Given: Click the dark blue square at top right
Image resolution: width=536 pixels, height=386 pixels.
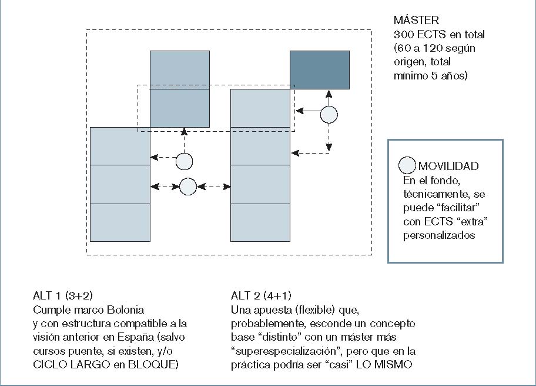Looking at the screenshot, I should pyautogui.click(x=320, y=70).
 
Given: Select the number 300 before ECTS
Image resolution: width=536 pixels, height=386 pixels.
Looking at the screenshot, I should pyautogui.click(x=404, y=34).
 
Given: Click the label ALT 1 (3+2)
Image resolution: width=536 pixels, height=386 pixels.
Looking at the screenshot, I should pyautogui.click(x=63, y=295).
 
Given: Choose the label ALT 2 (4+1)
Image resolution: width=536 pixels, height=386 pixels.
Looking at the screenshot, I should pyautogui.click(x=261, y=295).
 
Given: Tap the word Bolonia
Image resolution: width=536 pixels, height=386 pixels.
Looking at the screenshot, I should pyautogui.click(x=125, y=310).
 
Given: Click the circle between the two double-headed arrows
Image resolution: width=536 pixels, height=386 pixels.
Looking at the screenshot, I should pyautogui.click(x=187, y=187).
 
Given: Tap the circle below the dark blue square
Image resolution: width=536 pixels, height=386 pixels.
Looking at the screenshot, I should pyautogui.click(x=329, y=115).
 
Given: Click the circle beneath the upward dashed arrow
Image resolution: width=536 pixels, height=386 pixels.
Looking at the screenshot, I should pyautogui.click(x=184, y=161).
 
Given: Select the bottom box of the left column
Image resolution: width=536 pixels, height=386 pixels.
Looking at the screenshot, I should pyautogui.click(x=120, y=222).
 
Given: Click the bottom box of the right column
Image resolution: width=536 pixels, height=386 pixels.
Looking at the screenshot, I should pyautogui.click(x=260, y=222).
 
